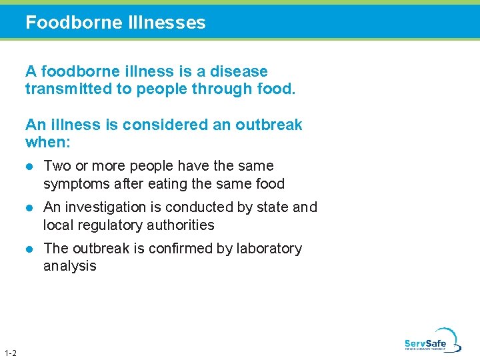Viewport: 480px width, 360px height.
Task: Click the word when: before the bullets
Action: tap(47, 142)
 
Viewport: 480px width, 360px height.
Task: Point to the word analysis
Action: tap(69, 267)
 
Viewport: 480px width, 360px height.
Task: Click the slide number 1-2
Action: tap(11, 353)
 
